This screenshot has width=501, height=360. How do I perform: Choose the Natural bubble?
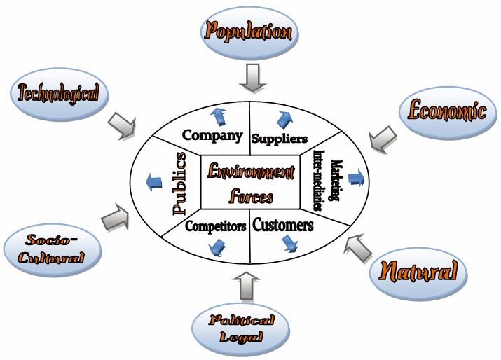coord(418,270)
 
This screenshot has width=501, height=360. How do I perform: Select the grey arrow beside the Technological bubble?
coord(124,127)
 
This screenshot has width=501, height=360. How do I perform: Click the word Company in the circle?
coord(212,135)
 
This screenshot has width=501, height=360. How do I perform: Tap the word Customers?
coord(282,226)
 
